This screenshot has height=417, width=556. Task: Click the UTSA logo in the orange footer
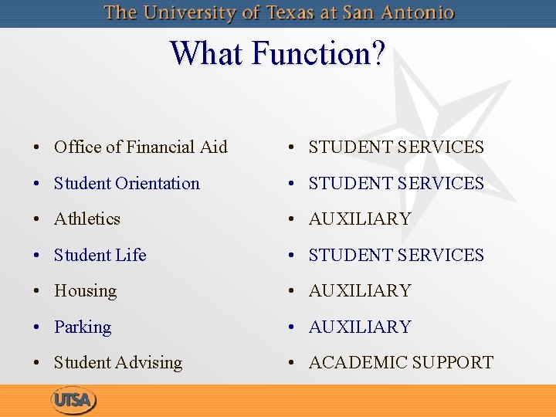click(73, 400)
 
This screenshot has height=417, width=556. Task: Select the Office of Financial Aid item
click(141, 147)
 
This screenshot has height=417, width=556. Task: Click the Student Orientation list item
click(127, 183)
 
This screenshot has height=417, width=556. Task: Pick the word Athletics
click(87, 219)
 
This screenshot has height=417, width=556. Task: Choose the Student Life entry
click(100, 255)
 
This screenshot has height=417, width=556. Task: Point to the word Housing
click(86, 291)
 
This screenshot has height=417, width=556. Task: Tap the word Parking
click(83, 327)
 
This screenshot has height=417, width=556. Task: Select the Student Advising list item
click(118, 363)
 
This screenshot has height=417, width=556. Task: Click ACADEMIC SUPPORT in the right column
click(401, 363)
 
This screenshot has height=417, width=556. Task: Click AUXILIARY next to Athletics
click(360, 219)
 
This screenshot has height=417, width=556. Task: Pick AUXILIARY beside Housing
click(360, 291)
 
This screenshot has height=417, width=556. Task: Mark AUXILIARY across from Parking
click(360, 327)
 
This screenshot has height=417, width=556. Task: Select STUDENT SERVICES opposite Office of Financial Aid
click(396, 147)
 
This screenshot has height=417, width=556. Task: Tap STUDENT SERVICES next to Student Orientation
click(396, 183)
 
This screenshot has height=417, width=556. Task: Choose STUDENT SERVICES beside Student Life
click(396, 255)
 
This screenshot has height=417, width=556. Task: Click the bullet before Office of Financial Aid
click(37, 147)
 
